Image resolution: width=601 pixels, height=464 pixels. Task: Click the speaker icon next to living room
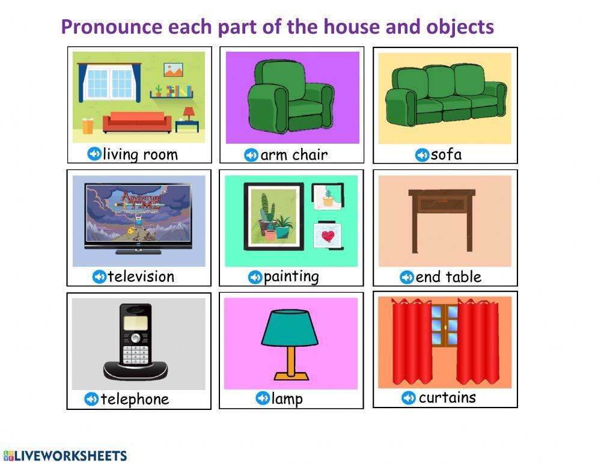pos(94,154)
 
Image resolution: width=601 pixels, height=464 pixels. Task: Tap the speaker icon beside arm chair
pos(251,155)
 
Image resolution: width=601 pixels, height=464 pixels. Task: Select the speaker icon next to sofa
pos(423,155)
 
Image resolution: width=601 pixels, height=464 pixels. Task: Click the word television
pos(141,276)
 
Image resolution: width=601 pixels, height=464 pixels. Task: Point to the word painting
pos(291,276)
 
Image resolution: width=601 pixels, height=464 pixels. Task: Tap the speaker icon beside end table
pos(407,277)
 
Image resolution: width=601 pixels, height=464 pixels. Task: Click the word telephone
pos(135,399)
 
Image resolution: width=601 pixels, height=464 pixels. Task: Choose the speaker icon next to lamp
pos(263,398)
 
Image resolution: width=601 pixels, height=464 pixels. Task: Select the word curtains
pos(447,397)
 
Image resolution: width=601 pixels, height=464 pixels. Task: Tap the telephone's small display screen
pos(135,323)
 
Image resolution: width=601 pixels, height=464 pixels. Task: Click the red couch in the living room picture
pos(136,122)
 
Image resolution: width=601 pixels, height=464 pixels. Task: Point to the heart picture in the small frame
pos(328,236)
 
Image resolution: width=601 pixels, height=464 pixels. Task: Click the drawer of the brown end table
pos(442,205)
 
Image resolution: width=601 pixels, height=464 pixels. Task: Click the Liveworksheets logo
pos(65,455)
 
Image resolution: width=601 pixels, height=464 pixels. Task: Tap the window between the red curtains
pos(444,325)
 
